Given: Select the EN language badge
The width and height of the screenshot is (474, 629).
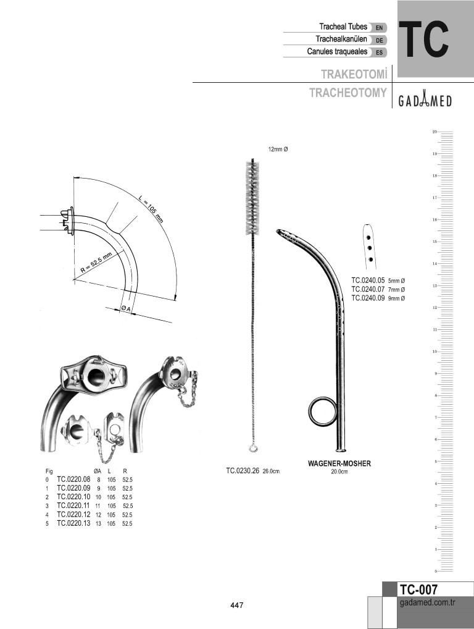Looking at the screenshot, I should pyautogui.click(x=379, y=28).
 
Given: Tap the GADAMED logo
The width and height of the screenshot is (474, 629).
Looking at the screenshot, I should pyautogui.click(x=425, y=101).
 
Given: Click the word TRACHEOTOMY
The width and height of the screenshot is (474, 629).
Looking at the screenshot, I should pyautogui.click(x=348, y=93).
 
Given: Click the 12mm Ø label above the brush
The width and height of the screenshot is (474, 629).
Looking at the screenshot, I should pyautogui.click(x=278, y=150).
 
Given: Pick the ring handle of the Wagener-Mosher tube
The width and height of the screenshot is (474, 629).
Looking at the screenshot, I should pyautogui.click(x=320, y=411).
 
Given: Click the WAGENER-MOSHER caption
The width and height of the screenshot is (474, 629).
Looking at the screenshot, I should pyautogui.click(x=339, y=463).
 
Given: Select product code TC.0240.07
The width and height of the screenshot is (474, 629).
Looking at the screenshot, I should pyautogui.click(x=368, y=289).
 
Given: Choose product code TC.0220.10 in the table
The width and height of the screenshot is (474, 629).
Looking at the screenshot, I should pyautogui.click(x=73, y=497).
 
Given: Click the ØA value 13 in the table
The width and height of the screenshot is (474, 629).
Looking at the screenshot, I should pyautogui.click(x=99, y=523).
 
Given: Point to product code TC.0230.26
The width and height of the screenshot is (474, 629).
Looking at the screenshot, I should pyautogui.click(x=243, y=471).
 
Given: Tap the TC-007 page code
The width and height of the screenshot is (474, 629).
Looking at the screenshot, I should pyautogui.click(x=419, y=589).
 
